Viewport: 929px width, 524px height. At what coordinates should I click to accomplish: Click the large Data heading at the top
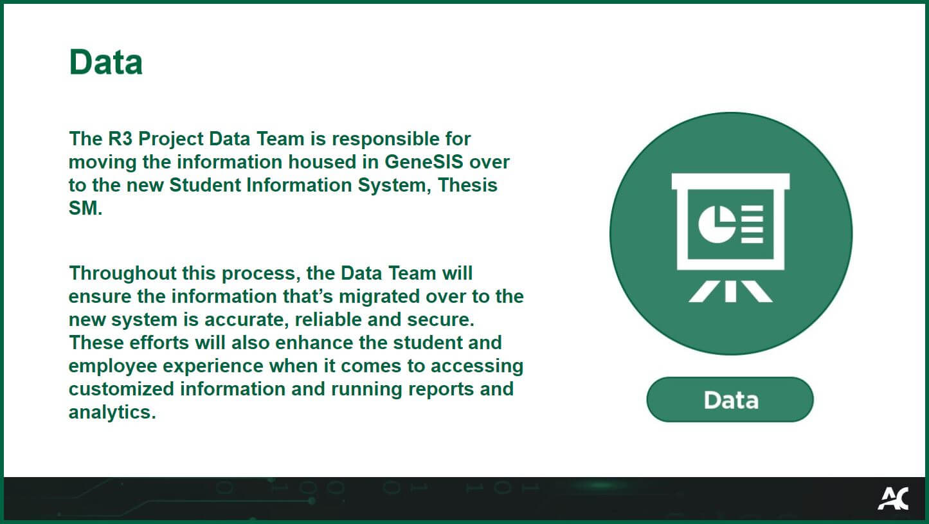pyautogui.click(x=105, y=62)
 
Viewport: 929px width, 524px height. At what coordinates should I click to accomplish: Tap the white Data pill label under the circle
pyautogui.click(x=730, y=400)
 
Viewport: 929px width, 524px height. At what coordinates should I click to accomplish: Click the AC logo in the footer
pyautogui.click(x=893, y=498)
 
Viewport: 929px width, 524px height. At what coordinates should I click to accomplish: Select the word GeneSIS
pyautogui.click(x=424, y=161)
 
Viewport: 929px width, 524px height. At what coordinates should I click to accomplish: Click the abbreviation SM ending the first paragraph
pyautogui.click(x=84, y=208)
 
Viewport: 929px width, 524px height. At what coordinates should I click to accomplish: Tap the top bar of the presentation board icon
pyautogui.click(x=730, y=181)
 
